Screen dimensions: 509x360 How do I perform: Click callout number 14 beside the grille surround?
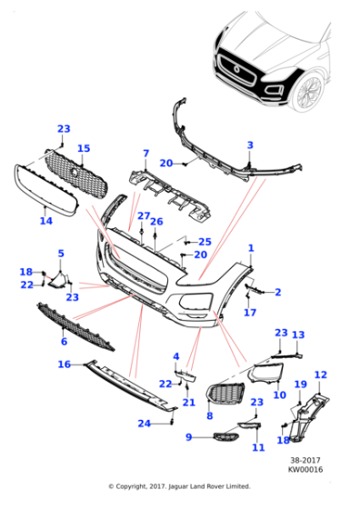coord(45,221)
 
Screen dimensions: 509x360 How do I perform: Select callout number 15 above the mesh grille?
coord(83,148)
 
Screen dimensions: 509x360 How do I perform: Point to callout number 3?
coord(250,145)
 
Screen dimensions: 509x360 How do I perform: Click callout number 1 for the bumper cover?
coord(250,248)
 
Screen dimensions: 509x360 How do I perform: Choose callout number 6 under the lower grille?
coord(63,342)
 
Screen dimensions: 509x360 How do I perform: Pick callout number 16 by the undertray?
coord(64,364)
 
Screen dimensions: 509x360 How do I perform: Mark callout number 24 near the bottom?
coord(143,424)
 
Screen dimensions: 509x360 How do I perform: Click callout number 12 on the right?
coord(320,374)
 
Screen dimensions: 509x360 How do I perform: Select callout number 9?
coord(189,438)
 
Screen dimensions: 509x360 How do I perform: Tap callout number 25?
coord(205,242)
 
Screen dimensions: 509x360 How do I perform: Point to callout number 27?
coord(144,215)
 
